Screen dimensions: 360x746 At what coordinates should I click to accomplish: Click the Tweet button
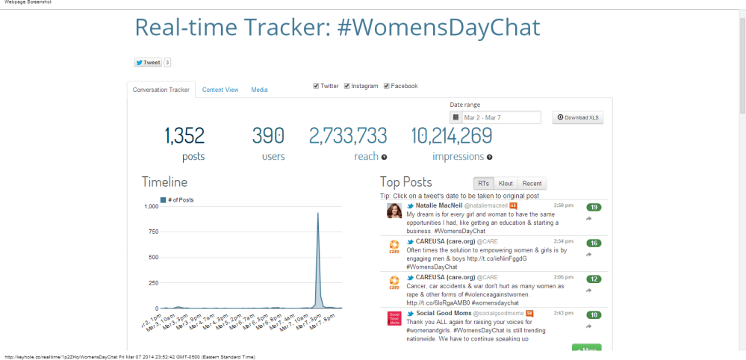(x=148, y=63)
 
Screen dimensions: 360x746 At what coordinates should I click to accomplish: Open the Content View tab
(x=220, y=90)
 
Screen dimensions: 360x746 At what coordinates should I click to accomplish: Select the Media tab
(x=259, y=90)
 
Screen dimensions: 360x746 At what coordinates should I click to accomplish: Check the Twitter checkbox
(x=316, y=86)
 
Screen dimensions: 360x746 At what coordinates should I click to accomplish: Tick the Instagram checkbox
(x=347, y=86)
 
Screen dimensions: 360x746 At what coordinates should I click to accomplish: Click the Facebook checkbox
(x=387, y=86)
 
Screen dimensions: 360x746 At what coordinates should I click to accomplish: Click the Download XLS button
(x=577, y=117)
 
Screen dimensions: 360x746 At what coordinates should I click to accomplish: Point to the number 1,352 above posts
(x=184, y=135)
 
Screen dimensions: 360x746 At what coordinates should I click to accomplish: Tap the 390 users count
(x=268, y=135)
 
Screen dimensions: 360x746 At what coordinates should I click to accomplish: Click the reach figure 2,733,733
(x=348, y=135)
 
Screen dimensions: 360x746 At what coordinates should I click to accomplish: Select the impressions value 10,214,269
(x=452, y=135)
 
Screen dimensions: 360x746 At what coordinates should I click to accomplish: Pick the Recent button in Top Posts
(x=532, y=183)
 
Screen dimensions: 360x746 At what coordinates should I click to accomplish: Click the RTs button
(x=484, y=183)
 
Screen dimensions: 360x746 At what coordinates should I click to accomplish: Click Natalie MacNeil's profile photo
(x=394, y=211)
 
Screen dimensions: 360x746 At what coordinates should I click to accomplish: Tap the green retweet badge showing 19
(x=594, y=207)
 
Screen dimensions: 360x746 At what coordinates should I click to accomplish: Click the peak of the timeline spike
(x=318, y=214)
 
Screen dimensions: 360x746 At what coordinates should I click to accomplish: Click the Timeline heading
(x=164, y=181)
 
